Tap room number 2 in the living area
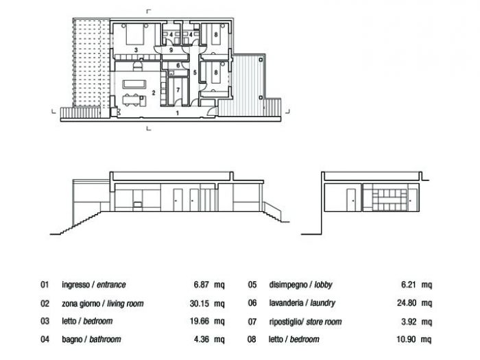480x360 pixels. click(154, 91)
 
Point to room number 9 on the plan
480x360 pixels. click(171, 50)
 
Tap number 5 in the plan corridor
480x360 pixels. click(195, 71)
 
